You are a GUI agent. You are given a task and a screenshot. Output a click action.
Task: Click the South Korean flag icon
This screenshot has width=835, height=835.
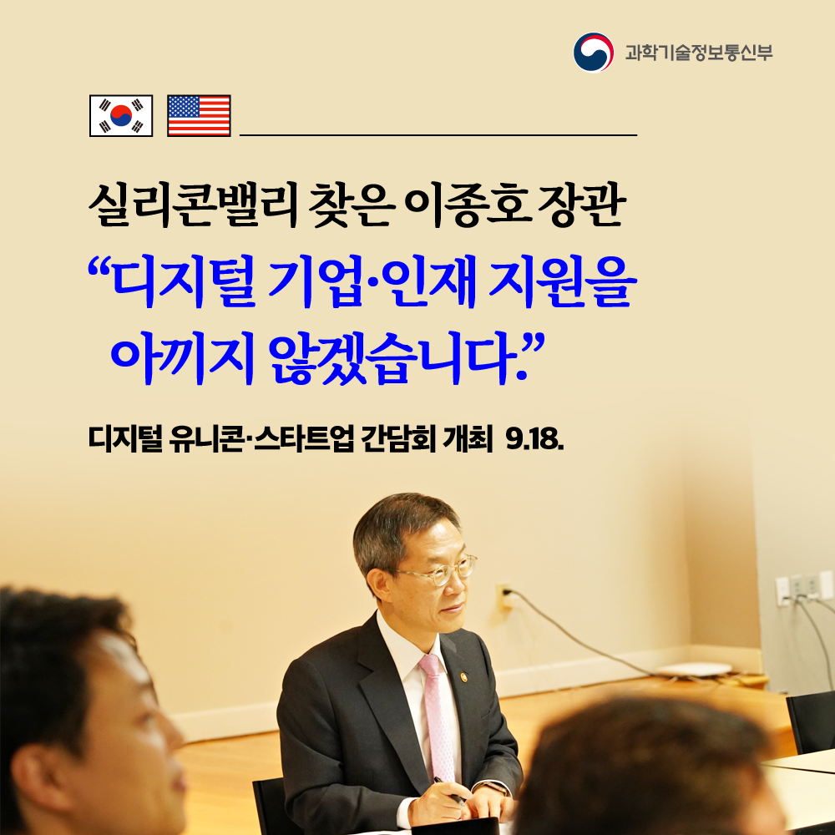click(x=121, y=116)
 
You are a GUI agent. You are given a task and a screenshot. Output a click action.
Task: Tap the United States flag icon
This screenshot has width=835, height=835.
click(x=199, y=116)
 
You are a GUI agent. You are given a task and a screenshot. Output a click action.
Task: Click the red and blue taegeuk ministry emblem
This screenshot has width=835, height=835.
click(x=593, y=52)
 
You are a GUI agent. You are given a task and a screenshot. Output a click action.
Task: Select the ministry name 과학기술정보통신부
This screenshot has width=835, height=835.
click(x=699, y=52)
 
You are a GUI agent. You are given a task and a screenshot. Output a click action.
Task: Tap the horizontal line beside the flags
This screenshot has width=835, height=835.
click(x=438, y=134)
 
